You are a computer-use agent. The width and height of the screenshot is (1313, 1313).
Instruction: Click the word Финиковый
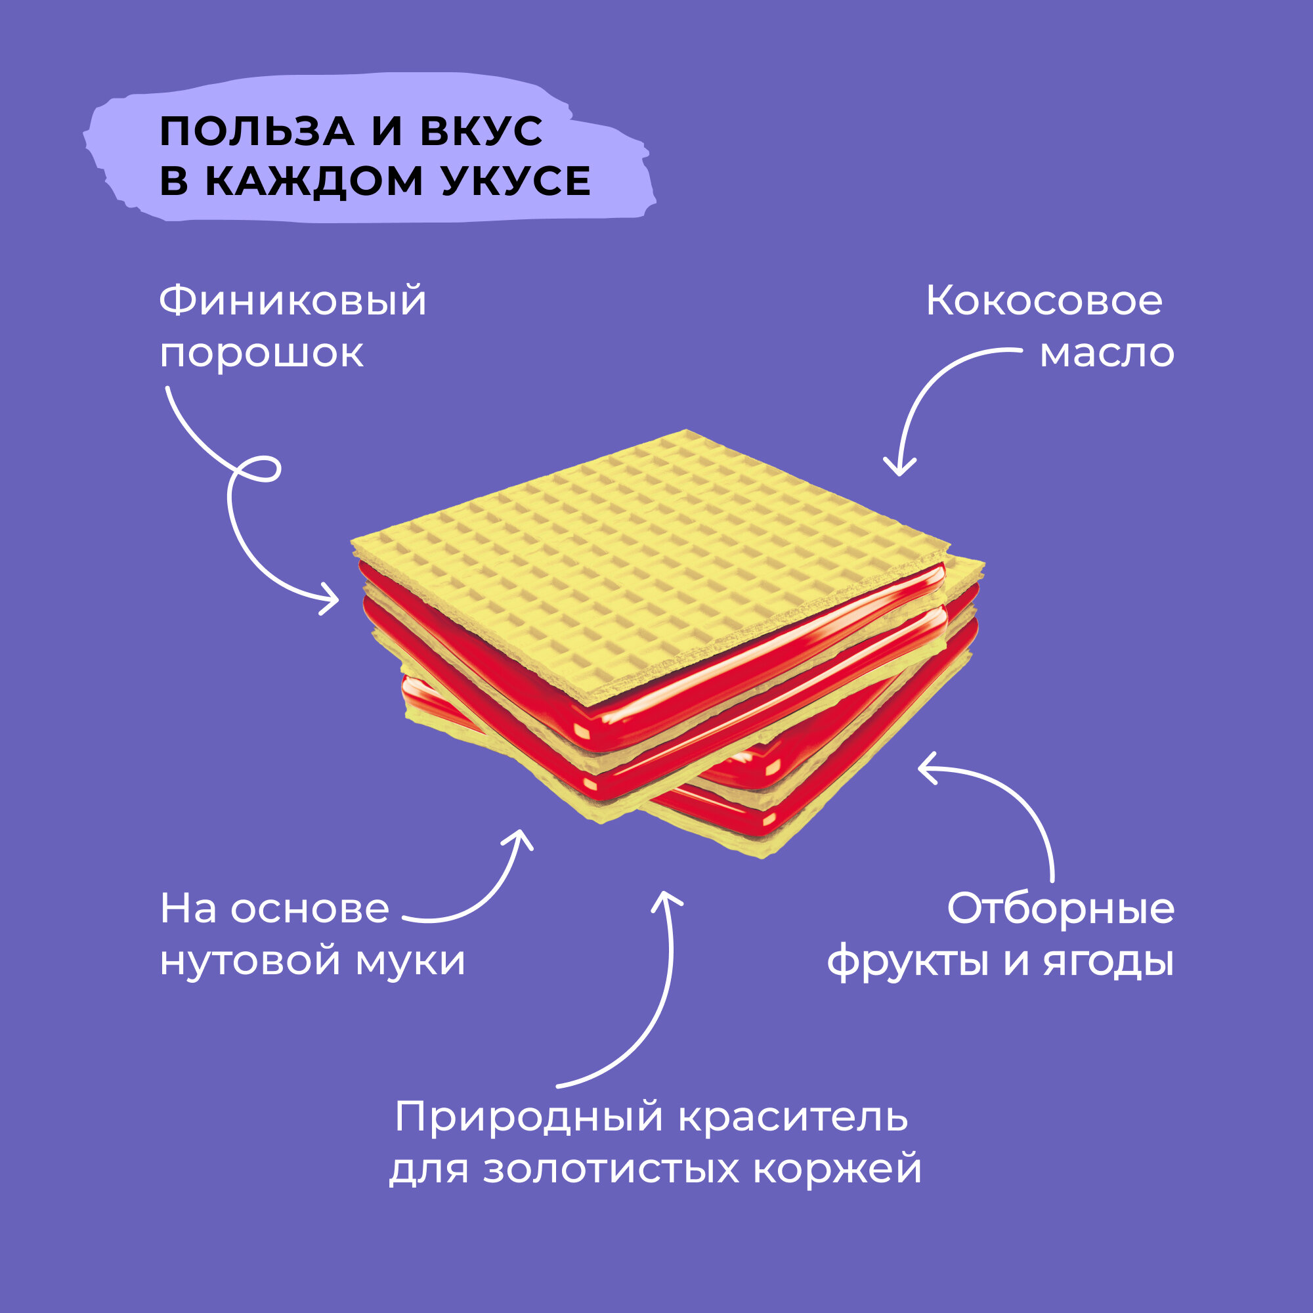pyautogui.click(x=293, y=301)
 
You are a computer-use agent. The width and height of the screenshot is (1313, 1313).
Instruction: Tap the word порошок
pyautogui.click(x=262, y=353)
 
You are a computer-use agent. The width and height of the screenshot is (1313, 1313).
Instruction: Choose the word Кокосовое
pyautogui.click(x=1044, y=301)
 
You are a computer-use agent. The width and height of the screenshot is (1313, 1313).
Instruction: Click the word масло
pyautogui.click(x=1107, y=353)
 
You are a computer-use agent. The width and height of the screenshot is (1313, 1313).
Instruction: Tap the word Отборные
pyautogui.click(x=1060, y=909)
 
